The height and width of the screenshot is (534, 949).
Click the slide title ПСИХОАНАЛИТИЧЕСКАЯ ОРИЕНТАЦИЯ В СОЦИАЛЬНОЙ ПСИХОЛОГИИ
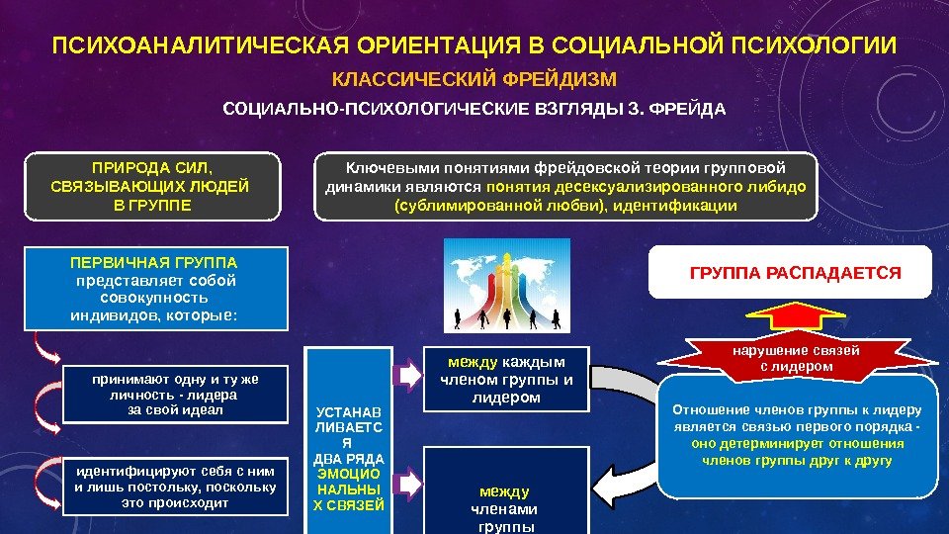coord(474,46)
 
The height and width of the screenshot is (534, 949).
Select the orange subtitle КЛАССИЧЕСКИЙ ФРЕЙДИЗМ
coord(474,79)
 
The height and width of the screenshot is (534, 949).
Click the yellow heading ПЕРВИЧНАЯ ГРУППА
coord(154,264)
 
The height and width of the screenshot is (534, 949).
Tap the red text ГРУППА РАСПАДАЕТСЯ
coord(795,272)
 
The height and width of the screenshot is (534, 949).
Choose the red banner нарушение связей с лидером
coord(796,358)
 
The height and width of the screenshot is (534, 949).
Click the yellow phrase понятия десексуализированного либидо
coord(647,186)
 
